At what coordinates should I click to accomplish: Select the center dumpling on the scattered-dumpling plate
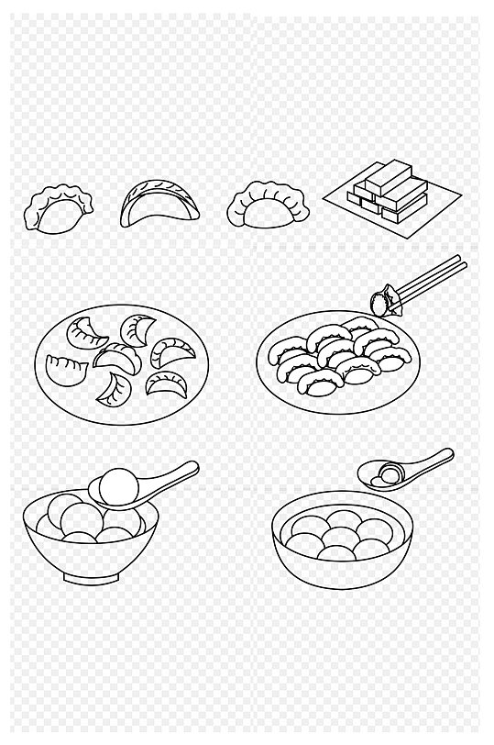coord(116,356)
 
